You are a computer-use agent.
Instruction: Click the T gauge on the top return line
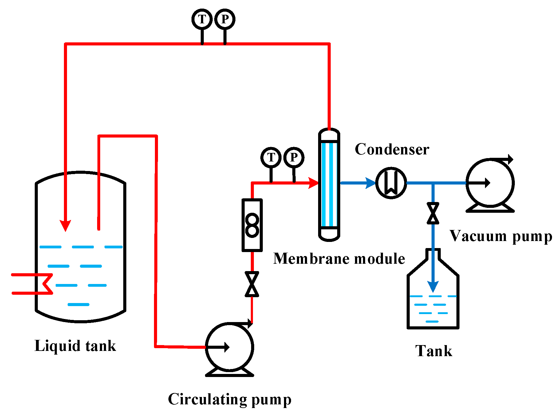click(202, 19)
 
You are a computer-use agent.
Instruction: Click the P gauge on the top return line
click(225, 19)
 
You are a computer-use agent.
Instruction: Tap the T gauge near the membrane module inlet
click(271, 157)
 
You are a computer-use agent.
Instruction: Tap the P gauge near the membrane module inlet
click(294, 157)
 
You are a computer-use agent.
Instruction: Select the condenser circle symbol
click(391, 183)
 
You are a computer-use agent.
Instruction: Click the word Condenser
click(392, 150)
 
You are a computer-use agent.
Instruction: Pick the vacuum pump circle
click(490, 183)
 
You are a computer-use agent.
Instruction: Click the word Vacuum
click(478, 236)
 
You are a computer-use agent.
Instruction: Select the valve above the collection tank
click(433, 213)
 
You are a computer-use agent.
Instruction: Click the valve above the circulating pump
click(252, 284)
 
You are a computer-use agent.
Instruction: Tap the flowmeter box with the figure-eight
click(252, 225)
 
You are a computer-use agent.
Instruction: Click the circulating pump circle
click(229, 347)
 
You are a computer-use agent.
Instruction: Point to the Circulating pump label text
click(229, 399)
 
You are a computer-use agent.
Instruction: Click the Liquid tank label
click(75, 346)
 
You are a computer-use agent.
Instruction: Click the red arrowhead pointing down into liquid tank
click(65, 226)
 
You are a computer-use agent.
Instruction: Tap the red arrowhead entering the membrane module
click(314, 183)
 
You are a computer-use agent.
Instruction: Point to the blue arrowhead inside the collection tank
click(433, 287)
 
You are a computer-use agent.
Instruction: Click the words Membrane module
click(339, 259)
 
